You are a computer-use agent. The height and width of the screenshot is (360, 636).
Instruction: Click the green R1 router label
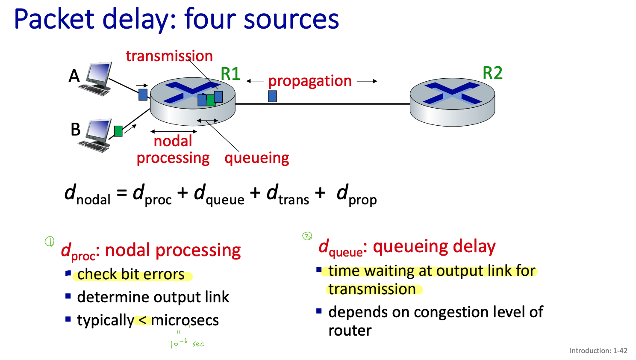pyautogui.click(x=230, y=74)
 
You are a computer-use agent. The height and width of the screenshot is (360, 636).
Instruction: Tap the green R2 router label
pyautogui.click(x=492, y=73)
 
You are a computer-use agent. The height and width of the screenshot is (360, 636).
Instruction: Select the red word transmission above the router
pyautogui.click(x=169, y=56)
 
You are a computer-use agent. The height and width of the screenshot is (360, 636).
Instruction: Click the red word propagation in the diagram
pyautogui.click(x=310, y=81)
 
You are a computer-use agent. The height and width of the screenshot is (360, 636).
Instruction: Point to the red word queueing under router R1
pyautogui.click(x=256, y=158)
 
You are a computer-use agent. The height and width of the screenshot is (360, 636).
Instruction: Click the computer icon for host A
pyautogui.click(x=97, y=79)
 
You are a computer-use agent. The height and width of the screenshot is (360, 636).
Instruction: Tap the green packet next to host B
pyautogui.click(x=118, y=131)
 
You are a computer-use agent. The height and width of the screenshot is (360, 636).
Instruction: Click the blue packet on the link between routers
pyautogui.click(x=272, y=96)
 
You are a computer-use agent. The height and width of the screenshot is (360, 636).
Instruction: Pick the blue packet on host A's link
pyautogui.click(x=143, y=94)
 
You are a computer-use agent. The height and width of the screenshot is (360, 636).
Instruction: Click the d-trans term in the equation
pyautogui.click(x=288, y=195)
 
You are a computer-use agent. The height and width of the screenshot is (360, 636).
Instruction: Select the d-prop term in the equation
pyautogui.click(x=356, y=195)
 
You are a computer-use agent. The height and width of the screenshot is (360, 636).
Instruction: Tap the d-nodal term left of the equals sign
pyautogui.click(x=87, y=195)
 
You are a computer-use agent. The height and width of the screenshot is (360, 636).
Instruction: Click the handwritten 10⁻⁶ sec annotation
pyautogui.click(x=187, y=343)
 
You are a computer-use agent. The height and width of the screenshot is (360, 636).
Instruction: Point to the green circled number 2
pyautogui.click(x=307, y=236)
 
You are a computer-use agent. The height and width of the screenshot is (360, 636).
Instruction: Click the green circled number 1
pyautogui.click(x=50, y=242)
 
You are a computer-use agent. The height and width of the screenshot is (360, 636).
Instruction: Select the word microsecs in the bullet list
pyautogui.click(x=185, y=320)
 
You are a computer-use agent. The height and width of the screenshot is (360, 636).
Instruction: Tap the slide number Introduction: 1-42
pyautogui.click(x=598, y=351)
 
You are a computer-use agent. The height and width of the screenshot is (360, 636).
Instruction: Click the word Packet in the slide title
pyautogui.click(x=54, y=19)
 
